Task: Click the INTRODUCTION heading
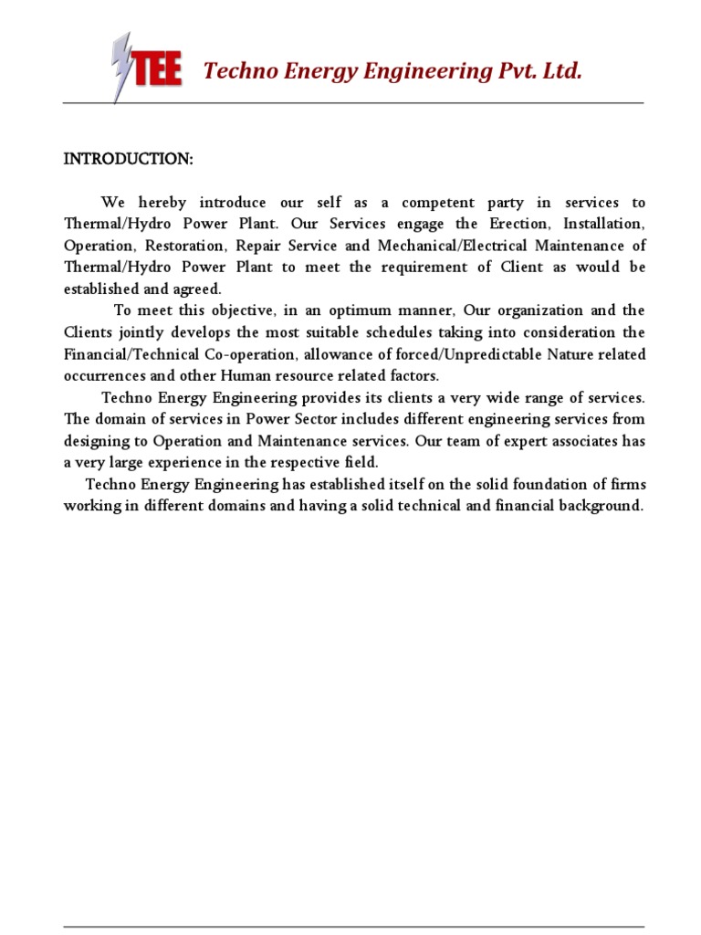128,160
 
